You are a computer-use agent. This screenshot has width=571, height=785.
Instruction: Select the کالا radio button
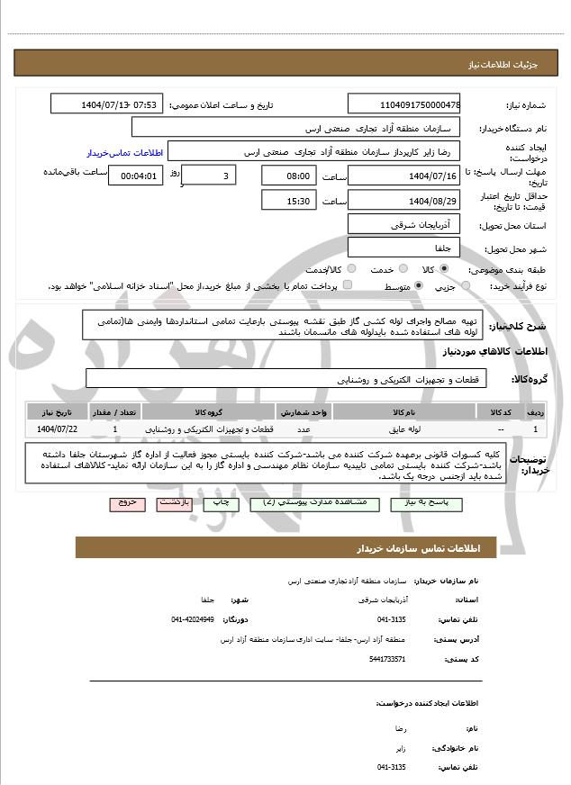[444, 269]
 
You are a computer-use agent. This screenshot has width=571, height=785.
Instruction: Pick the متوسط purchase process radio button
[419, 285]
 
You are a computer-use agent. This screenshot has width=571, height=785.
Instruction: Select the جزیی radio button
[465, 285]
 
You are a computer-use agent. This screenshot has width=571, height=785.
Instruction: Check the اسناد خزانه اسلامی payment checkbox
[348, 285]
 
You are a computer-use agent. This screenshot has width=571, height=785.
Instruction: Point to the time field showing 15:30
[289, 200]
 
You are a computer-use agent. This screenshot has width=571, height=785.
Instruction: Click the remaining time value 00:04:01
[136, 176]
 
